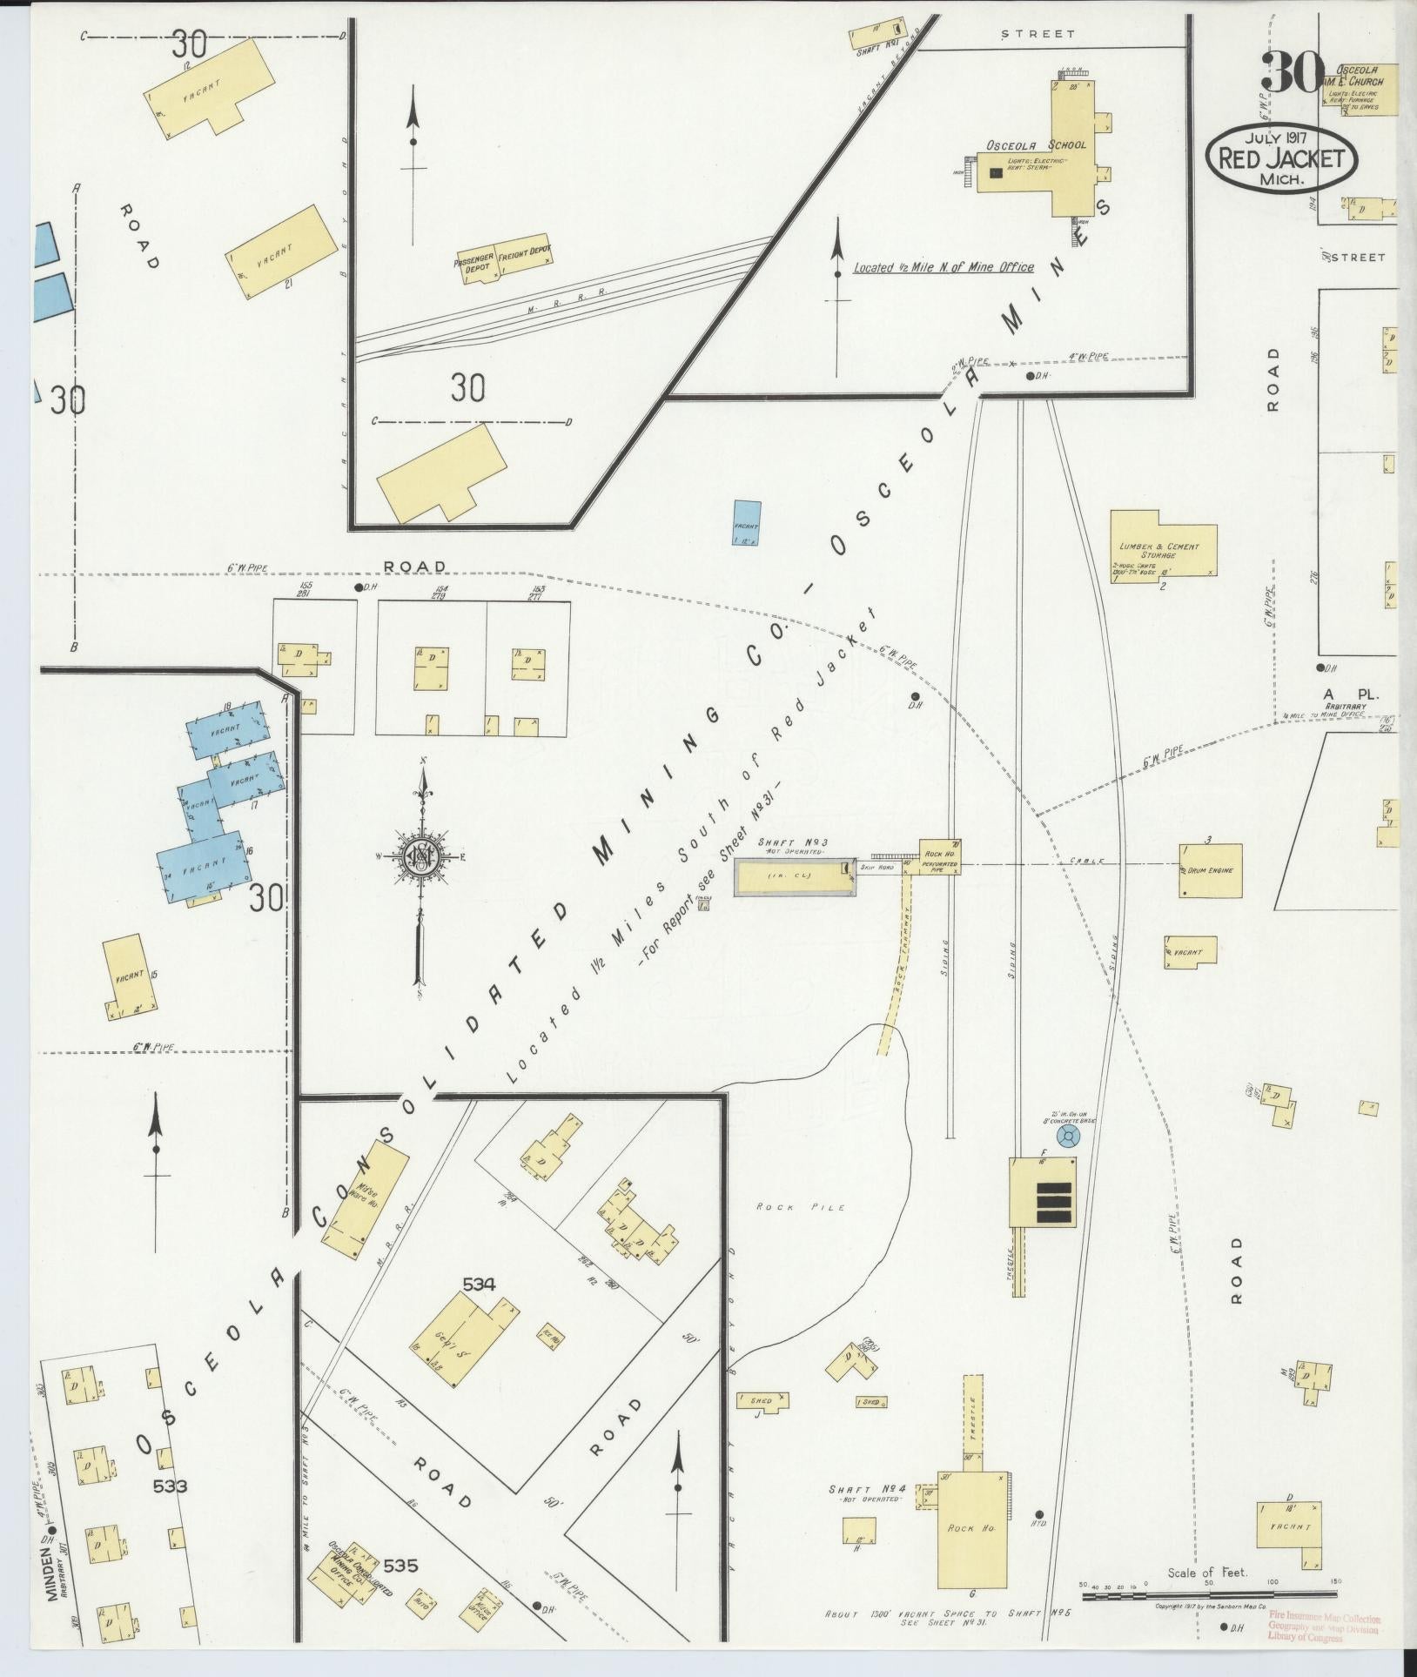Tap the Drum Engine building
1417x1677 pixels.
(x=1210, y=869)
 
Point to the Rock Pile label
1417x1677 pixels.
(x=789, y=1207)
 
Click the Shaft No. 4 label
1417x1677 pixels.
(x=867, y=1489)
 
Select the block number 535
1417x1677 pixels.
(x=400, y=1566)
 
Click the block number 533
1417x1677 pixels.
(x=171, y=1486)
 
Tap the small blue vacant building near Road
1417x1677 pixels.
(x=747, y=522)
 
